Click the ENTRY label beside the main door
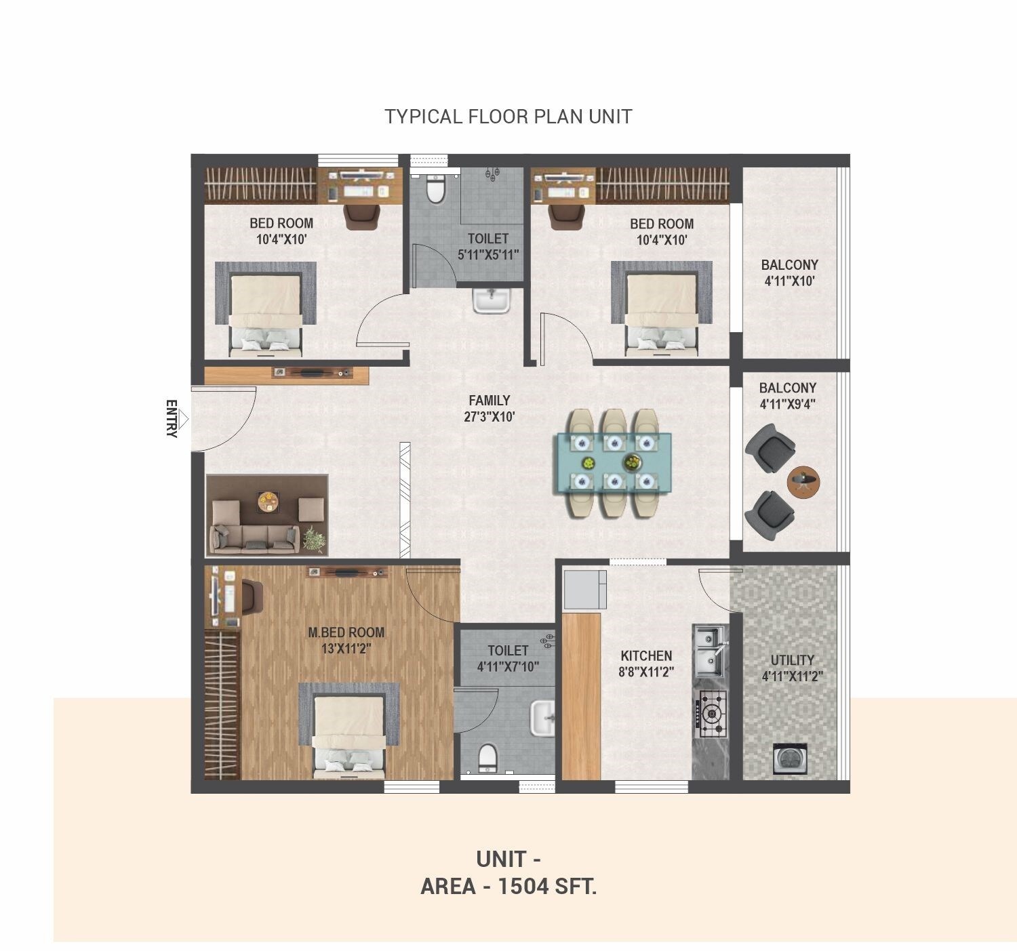pyautogui.click(x=172, y=419)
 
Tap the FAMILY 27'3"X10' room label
pyautogui.click(x=489, y=409)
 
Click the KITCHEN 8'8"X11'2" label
pyautogui.click(x=646, y=664)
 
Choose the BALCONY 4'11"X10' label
pyautogui.click(x=789, y=272)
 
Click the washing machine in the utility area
pyautogui.click(x=790, y=758)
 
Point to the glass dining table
pyautogui.click(x=614, y=462)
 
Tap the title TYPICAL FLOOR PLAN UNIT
pyautogui.click(x=509, y=117)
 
